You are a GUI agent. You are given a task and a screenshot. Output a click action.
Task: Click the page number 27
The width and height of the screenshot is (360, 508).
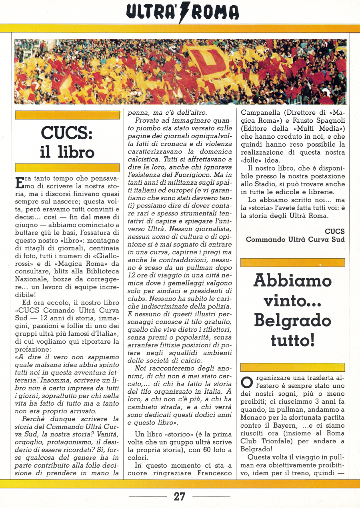180,496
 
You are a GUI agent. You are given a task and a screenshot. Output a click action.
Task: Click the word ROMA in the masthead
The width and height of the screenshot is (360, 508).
216,12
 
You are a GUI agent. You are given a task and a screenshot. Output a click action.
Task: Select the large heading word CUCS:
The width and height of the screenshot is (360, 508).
67,133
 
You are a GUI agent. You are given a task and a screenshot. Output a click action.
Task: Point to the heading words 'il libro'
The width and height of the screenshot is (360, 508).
67,152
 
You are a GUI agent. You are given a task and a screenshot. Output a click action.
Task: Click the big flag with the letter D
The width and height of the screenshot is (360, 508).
208,60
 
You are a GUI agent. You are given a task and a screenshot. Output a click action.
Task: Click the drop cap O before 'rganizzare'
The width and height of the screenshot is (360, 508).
247,381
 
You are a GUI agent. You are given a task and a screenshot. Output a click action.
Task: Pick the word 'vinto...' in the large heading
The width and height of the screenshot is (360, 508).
292,301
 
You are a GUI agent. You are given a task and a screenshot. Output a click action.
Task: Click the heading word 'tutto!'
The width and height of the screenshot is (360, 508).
292,340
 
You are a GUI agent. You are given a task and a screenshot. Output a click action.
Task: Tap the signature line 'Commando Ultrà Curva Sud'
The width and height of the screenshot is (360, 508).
295,239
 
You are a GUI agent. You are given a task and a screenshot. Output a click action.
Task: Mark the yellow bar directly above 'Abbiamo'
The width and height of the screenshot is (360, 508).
292,263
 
